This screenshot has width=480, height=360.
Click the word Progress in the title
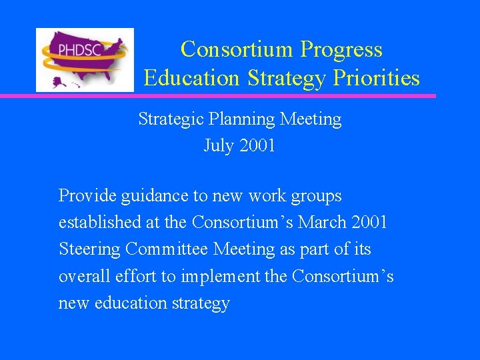[341, 49]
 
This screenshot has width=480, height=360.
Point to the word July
[218, 146]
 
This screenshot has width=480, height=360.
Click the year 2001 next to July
[257, 146]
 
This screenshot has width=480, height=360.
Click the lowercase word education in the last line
[131, 303]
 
